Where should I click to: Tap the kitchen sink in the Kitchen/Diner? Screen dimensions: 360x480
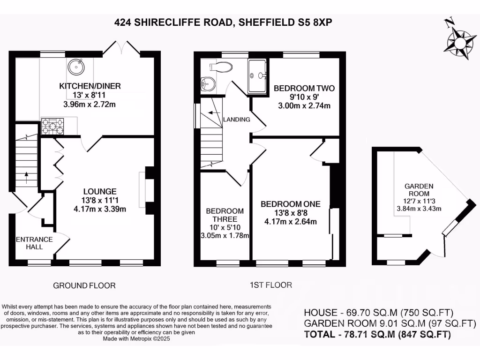tap(75, 67)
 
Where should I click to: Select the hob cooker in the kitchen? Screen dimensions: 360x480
tap(53, 126)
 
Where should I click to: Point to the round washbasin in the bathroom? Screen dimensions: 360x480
tap(207, 84)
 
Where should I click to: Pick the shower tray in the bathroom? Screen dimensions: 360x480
tap(258, 75)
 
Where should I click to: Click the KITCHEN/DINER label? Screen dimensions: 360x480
tap(90, 86)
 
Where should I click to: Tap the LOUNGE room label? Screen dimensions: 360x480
tap(100, 191)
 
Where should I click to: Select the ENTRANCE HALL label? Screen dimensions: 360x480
tap(34, 243)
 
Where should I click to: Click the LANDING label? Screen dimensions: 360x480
tap(237, 120)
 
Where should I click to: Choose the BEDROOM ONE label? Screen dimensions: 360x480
tap(291, 204)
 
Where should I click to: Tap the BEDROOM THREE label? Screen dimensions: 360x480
tap(225, 215)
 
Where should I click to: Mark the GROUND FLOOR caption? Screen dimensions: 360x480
tap(84, 285)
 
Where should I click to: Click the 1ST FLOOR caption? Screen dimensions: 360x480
tap(270, 285)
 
